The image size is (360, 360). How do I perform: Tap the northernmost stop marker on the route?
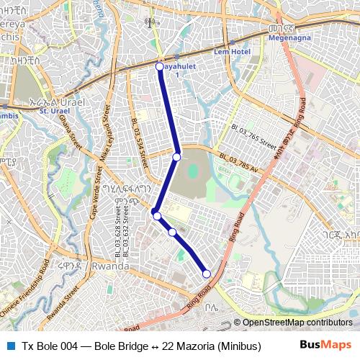[160, 67]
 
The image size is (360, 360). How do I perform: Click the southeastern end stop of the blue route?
[207, 274]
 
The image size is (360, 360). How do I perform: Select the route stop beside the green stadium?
[176, 156]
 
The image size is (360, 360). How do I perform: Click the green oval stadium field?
[193, 173]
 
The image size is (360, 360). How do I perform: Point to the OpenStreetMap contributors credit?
[297, 323]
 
